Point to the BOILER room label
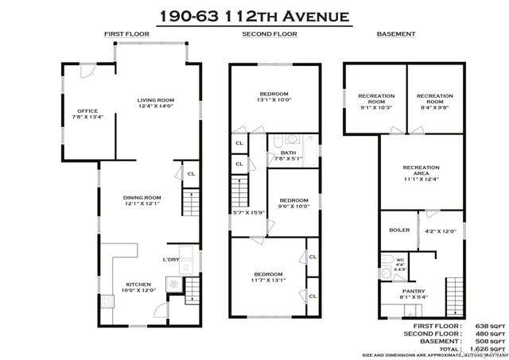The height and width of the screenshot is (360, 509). [398, 230]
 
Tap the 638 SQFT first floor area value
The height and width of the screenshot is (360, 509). [490, 326]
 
